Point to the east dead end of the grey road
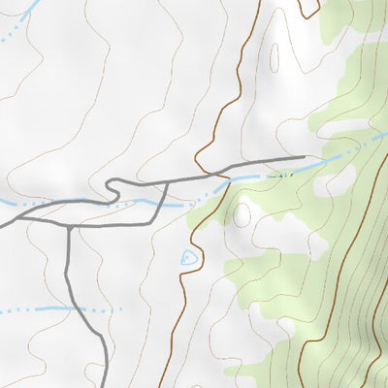(304, 157)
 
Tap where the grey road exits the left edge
(2, 225)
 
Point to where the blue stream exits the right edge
(385, 137)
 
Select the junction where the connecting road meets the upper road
(168, 180)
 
